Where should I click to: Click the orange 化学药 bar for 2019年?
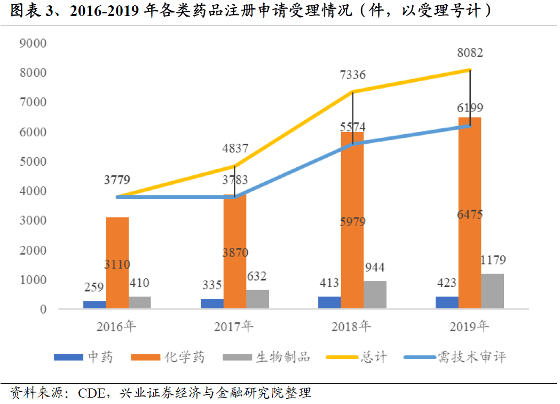[470, 214]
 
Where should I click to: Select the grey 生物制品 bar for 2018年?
[375, 295]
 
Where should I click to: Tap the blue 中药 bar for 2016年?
[94, 305]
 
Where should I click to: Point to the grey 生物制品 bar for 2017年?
[257, 299]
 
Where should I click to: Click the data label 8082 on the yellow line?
[470, 53]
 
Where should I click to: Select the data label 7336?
[352, 75]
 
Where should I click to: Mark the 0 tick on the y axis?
[43, 309]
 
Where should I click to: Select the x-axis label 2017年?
[234, 326]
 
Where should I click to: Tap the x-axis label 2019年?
[469, 326]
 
